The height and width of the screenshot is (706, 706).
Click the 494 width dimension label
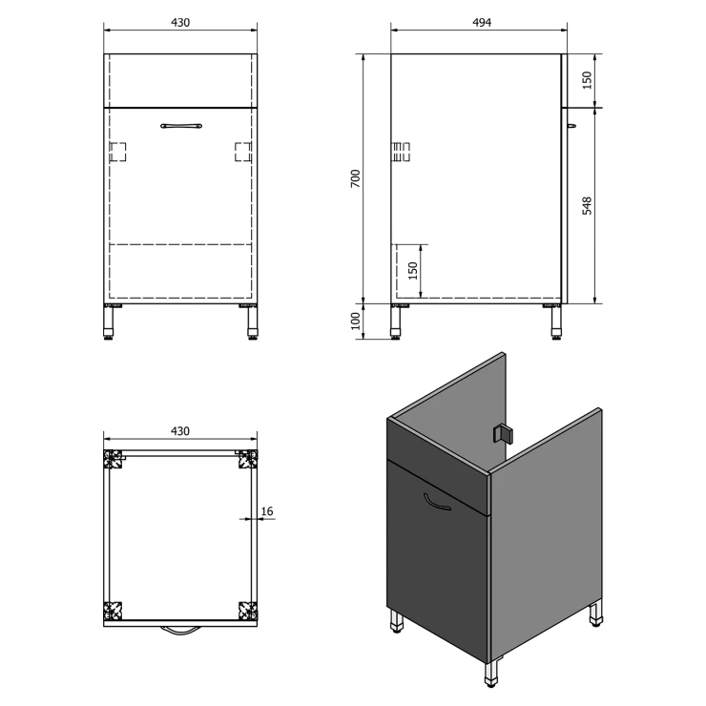482,22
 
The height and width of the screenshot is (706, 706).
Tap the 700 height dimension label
356,178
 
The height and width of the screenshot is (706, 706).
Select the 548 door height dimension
587,206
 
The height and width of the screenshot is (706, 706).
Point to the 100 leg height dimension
356,321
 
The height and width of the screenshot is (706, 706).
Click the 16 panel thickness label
266,511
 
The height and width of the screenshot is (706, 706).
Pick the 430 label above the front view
180,22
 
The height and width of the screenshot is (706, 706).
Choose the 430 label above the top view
180,431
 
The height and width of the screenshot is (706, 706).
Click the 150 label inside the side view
413,271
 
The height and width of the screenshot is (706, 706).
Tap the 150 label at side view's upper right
587,80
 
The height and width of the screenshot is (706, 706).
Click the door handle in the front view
181,126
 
